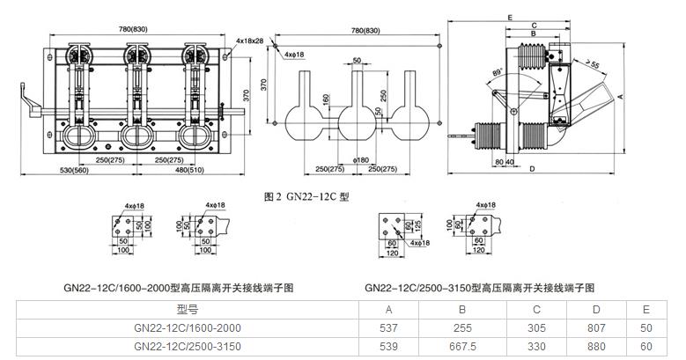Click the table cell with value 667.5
click(461, 346)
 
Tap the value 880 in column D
click(596, 346)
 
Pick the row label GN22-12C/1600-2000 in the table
click(188, 327)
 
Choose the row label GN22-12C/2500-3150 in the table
click(188, 346)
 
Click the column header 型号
click(188, 309)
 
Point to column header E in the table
click(646, 309)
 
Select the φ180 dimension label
click(361, 160)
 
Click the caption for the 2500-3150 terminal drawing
click(479, 288)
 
